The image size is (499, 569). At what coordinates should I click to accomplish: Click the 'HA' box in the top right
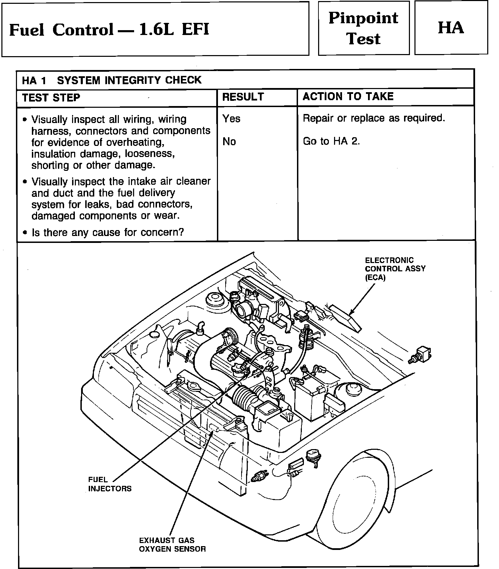(x=451, y=28)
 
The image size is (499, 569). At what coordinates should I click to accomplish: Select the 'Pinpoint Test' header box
(x=364, y=28)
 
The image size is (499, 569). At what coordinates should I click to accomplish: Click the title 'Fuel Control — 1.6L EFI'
(x=109, y=29)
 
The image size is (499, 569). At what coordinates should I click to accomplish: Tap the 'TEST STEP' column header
(x=51, y=98)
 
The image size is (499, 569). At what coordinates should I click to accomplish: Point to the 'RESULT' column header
(x=243, y=97)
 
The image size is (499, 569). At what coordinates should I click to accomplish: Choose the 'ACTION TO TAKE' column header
(x=348, y=96)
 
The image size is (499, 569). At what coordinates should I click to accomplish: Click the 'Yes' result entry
(x=231, y=119)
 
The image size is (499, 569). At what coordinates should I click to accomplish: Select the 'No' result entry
(x=229, y=141)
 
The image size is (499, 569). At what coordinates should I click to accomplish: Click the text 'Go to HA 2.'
(x=331, y=141)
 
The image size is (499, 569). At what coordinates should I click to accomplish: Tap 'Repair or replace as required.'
(x=374, y=118)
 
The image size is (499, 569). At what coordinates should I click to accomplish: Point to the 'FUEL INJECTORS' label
(x=110, y=484)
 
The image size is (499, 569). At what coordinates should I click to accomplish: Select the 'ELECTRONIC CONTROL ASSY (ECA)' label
(x=395, y=269)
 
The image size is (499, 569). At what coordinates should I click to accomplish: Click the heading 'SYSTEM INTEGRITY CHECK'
(x=129, y=80)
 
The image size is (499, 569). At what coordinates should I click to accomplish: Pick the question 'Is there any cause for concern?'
(x=107, y=232)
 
